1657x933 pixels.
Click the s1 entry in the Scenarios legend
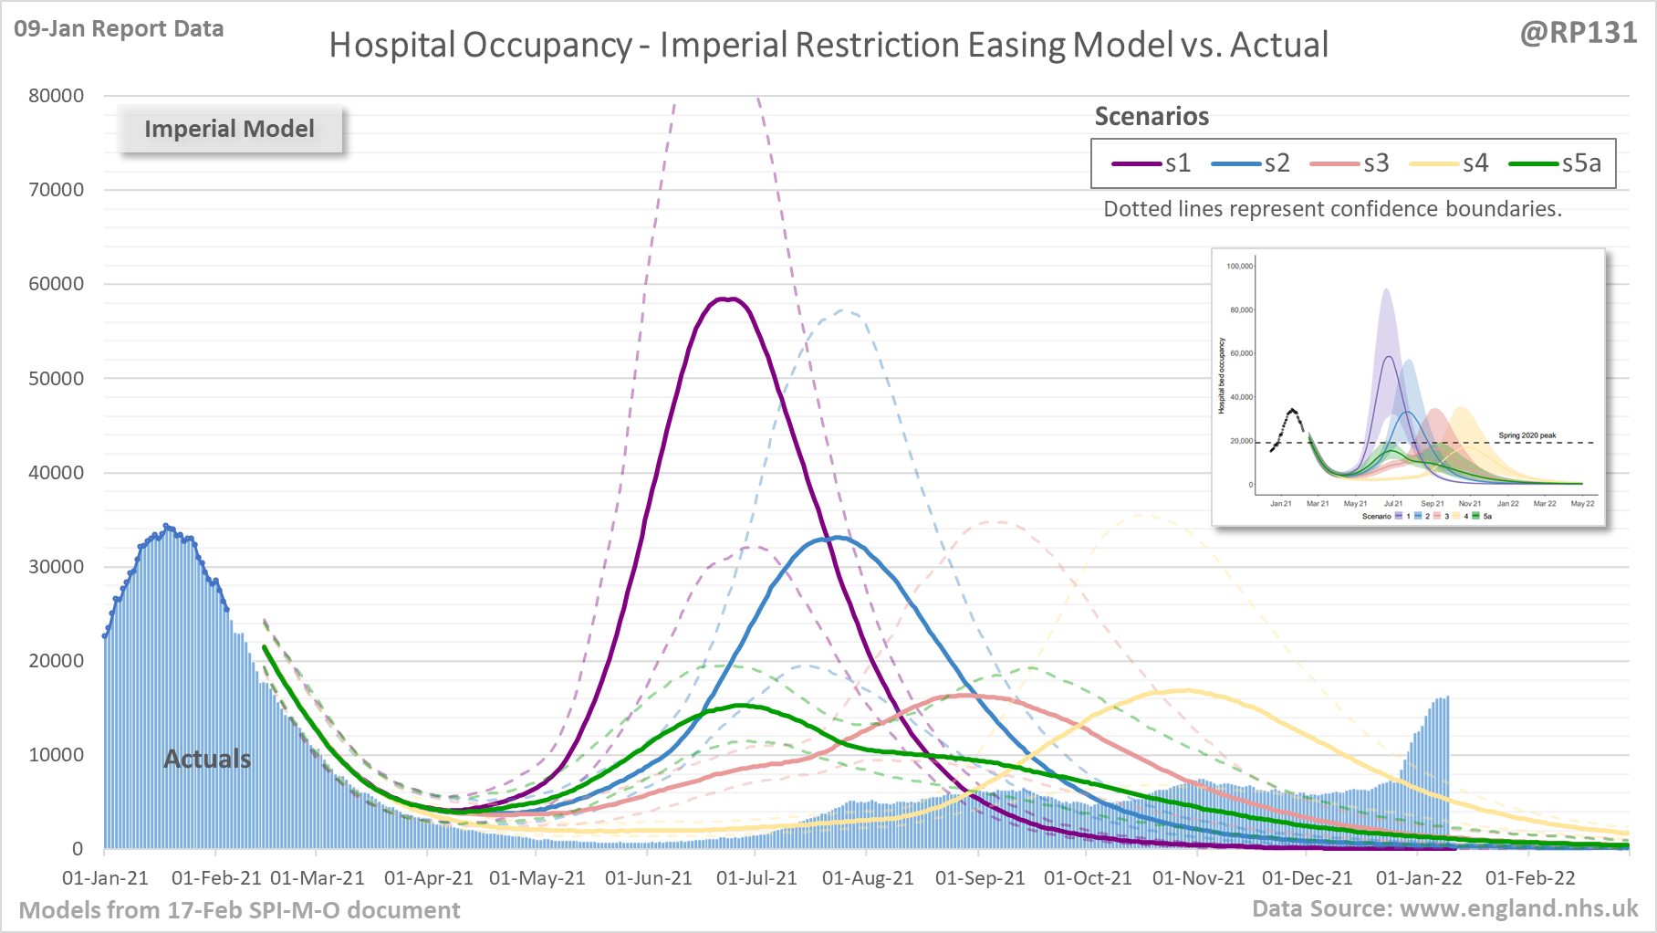click(1152, 163)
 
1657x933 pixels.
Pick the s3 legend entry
click(1350, 163)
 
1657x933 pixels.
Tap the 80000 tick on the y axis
click(56, 96)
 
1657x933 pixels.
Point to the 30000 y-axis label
click(56, 567)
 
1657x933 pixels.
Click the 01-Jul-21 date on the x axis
click(756, 878)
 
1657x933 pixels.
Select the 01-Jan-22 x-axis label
click(1419, 878)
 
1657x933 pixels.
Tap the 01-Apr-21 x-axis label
click(428, 878)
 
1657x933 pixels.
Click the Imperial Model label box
click(229, 129)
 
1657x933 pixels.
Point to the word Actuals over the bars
click(207, 759)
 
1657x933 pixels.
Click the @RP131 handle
click(1578, 32)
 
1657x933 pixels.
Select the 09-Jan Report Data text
click(119, 29)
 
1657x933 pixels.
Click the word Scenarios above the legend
click(1152, 117)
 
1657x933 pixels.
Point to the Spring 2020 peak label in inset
click(1527, 435)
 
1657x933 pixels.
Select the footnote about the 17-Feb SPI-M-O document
click(239, 910)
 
